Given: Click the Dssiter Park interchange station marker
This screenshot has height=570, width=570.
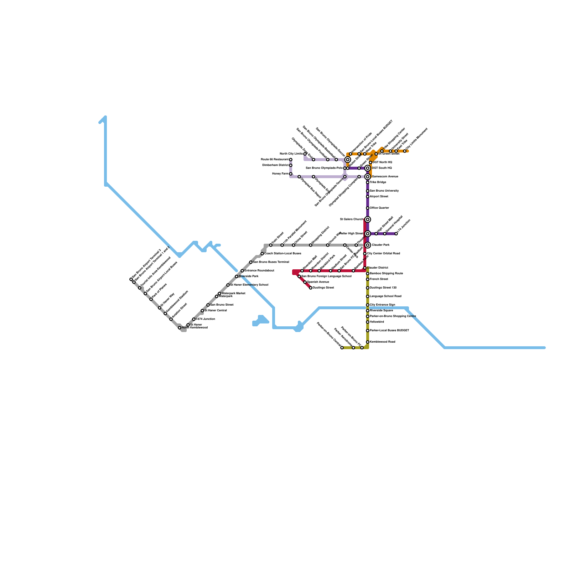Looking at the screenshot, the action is pos(368,245).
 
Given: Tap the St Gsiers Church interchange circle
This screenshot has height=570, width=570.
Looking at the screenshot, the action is pos(368,219).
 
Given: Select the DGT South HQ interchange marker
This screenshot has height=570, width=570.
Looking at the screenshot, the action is pos(368,168).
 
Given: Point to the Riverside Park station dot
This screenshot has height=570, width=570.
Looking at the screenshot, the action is pos(237,276).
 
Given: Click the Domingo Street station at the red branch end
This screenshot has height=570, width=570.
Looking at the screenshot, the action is pos(311,288).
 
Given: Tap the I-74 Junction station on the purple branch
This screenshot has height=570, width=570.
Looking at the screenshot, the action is pos(396,234).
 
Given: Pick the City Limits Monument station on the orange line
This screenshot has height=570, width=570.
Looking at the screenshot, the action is pos(405,151).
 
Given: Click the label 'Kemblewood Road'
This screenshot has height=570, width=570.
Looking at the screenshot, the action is pos(383,342).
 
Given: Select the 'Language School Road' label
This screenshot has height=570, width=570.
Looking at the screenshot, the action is pos(385,296).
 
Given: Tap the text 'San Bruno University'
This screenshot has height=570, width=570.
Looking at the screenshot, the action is pos(384,191).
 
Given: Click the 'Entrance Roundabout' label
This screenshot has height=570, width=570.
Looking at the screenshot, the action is pos(259,271).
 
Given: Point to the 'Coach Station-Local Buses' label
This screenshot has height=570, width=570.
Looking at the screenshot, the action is pos(283,254).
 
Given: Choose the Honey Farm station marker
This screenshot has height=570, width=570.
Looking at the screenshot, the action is pos(291,174).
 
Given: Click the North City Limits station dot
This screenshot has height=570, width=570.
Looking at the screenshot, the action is pos(305,154).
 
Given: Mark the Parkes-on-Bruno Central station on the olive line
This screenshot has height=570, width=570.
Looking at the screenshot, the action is pos(342,348).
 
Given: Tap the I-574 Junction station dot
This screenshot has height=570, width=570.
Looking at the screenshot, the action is pos(194,319).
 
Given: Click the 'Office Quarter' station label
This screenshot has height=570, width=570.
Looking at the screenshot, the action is pos(379,208).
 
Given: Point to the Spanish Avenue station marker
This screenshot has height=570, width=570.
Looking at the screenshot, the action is pos(305,282).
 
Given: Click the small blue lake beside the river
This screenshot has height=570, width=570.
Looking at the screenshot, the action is pos(261,320).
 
